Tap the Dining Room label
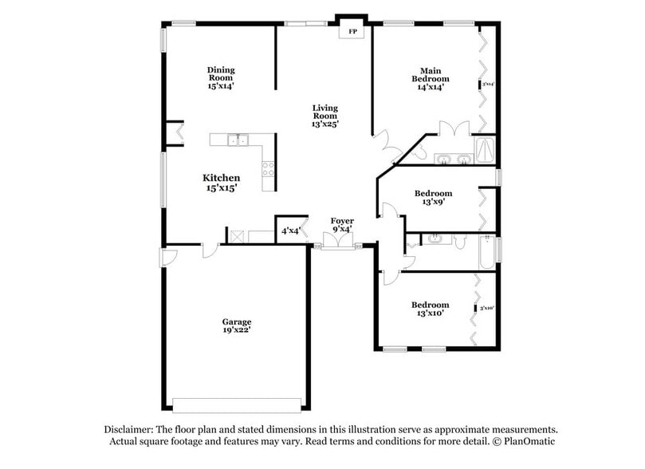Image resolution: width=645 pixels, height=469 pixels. click(x=221, y=77)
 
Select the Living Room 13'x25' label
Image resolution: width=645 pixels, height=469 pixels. click(x=324, y=116)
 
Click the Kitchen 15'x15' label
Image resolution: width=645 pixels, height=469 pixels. click(x=221, y=183)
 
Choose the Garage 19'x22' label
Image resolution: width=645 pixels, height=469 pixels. click(x=237, y=326)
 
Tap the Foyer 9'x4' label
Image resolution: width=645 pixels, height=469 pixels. click(x=342, y=225)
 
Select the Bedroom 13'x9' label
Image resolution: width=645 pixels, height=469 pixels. click(x=434, y=197)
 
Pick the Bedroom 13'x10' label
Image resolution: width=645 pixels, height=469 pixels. click(x=431, y=309)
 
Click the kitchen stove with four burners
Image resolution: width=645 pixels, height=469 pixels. click(x=268, y=167)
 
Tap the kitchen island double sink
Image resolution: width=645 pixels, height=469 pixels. click(x=238, y=141)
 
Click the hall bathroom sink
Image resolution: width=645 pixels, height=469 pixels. click(x=435, y=238)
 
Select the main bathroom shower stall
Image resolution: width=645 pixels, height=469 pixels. click(x=484, y=148)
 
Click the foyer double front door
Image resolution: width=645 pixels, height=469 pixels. click(x=335, y=241)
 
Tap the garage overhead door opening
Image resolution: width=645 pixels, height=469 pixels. click(x=237, y=402)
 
